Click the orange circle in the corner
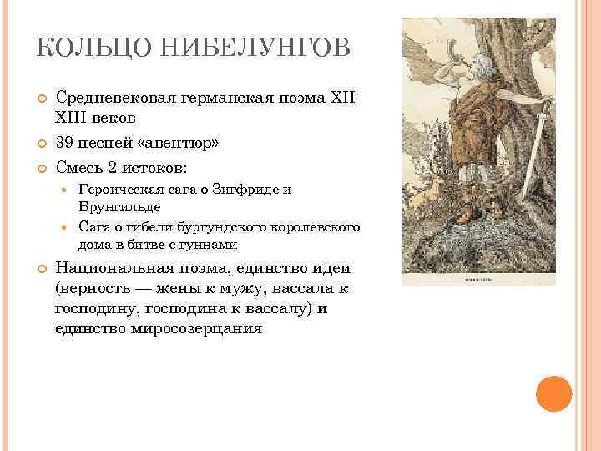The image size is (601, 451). point(553,393)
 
